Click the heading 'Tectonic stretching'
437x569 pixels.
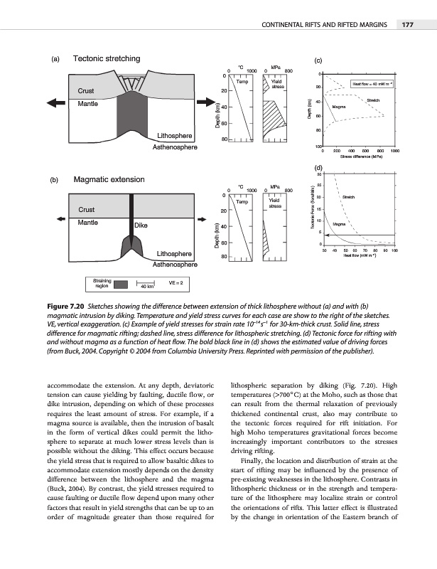tap(107, 58)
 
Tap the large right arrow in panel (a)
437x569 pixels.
tap(203, 102)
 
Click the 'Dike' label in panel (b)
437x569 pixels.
tap(142, 225)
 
